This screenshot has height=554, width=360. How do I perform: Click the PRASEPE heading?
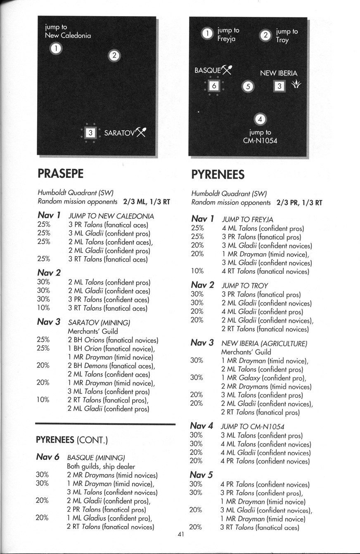[60, 173]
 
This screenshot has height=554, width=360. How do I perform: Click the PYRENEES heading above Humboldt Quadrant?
[218, 174]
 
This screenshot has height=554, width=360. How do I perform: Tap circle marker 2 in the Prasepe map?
[114, 55]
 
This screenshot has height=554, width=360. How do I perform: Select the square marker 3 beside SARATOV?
[91, 133]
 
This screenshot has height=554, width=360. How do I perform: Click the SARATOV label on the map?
[120, 133]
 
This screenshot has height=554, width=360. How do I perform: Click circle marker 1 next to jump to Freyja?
[207, 33]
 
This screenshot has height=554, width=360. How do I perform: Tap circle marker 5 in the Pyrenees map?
[247, 87]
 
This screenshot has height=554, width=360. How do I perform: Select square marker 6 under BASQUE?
[213, 86]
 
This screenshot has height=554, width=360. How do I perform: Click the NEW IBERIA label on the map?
[278, 73]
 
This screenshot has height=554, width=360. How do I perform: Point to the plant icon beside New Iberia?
[296, 85]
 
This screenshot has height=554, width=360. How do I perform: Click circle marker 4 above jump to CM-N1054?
[260, 119]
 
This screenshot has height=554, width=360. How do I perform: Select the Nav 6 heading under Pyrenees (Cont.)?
[48, 457]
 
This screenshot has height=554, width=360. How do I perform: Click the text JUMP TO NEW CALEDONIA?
[111, 216]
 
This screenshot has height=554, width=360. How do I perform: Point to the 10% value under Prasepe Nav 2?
[43, 308]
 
